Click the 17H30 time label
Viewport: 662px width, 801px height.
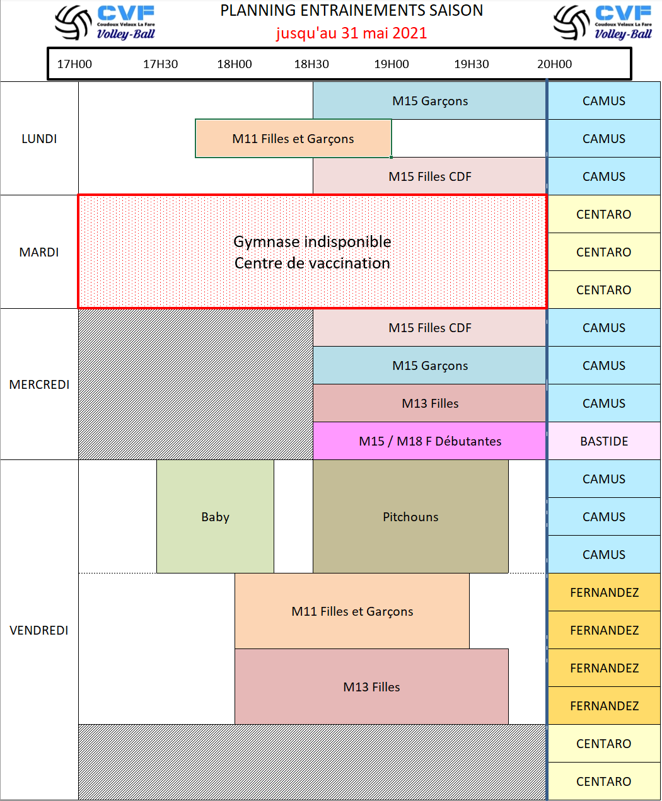pos(160,64)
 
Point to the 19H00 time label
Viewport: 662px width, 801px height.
pos(392,64)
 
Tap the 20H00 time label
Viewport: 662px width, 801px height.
pos(555,64)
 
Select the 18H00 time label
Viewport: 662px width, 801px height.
pos(235,64)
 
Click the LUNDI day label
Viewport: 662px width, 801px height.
pos(39,139)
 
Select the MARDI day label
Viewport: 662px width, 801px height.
pos(39,252)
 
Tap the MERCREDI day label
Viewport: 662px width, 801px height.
pos(39,384)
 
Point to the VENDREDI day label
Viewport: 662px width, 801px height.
pos(39,630)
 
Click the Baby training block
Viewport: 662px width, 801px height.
pos(215,517)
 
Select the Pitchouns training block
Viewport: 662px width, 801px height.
pos(410,517)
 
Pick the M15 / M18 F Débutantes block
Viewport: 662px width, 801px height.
pos(430,441)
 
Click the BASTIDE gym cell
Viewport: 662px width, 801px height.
pos(604,441)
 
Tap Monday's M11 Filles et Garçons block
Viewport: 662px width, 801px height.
pos(293,139)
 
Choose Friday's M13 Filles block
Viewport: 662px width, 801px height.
pos(371,687)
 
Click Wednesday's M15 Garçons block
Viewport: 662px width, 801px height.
pos(430,366)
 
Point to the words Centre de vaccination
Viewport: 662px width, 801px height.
pos(312,263)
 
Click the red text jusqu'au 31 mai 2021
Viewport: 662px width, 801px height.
pos(351,33)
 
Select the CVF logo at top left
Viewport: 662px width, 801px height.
pos(105,23)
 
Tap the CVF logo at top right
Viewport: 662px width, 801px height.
pos(603,23)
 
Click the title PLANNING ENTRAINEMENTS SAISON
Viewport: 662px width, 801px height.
pos(351,11)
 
